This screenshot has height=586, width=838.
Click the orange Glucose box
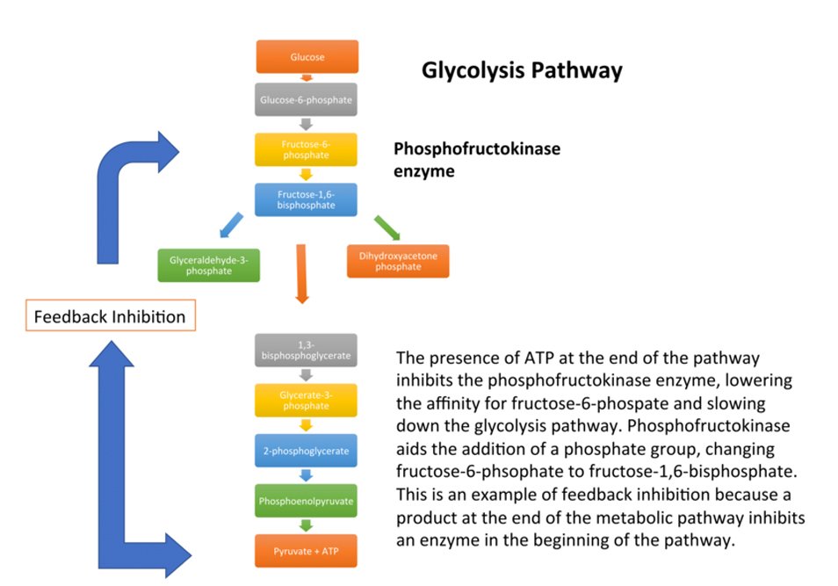pos(307,57)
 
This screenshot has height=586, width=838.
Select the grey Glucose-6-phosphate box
pos(307,99)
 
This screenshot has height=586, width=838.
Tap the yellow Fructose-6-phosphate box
pos(307,149)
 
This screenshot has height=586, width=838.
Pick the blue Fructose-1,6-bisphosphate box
pos(307,199)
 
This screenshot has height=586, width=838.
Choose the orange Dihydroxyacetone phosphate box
pos(397,261)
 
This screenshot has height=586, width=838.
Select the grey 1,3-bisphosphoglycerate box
pos(307,351)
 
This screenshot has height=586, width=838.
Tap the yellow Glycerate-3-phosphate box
pos(307,401)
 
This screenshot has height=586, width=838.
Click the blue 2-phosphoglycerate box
pos(307,451)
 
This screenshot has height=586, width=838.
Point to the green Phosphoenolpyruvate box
pos(307,501)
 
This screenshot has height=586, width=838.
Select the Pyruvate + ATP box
pos(307,551)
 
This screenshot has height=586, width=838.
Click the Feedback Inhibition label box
pos(109,316)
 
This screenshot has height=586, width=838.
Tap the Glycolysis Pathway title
pos(522,70)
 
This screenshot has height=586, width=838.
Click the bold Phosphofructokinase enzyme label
pos(476,160)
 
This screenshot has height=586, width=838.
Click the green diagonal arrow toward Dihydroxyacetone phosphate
pos(386,227)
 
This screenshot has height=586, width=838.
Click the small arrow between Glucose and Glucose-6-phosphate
pos(307,78)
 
